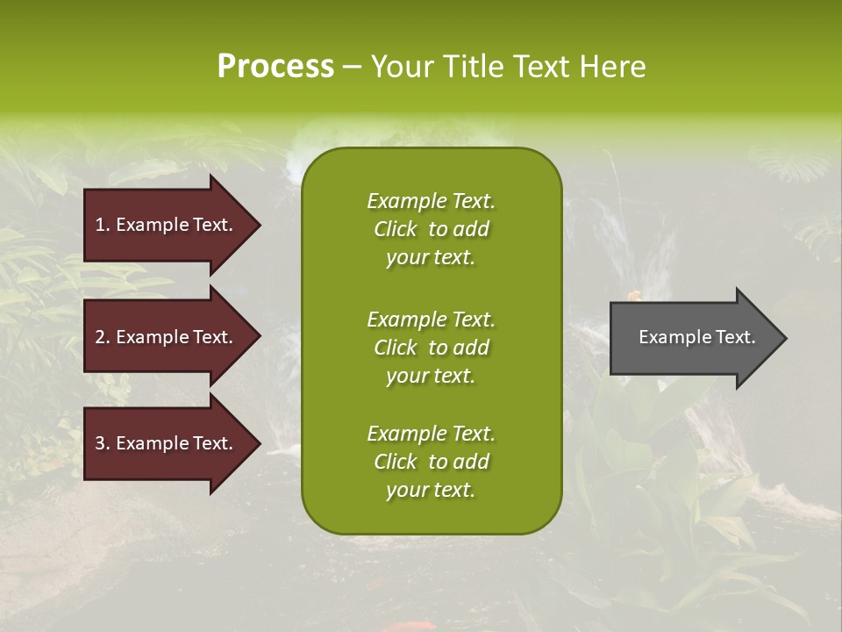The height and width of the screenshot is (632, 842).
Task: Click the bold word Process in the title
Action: click(275, 67)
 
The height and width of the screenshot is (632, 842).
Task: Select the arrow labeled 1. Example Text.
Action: click(167, 225)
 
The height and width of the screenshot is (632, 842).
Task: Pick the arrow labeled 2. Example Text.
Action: click(167, 337)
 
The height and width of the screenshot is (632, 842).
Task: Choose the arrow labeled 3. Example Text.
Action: click(167, 443)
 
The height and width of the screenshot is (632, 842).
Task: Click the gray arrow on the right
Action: click(693, 338)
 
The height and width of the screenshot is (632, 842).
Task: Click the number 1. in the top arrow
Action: click(103, 225)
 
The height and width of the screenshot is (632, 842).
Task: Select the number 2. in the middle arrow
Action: click(103, 337)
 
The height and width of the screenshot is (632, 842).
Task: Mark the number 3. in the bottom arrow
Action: click(103, 443)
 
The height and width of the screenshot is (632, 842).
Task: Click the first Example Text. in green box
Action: click(431, 201)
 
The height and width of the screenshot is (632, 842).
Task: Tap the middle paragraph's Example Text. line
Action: click(431, 320)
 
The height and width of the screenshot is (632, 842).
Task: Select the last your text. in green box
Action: click(431, 491)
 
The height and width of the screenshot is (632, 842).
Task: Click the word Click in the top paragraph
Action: click(396, 229)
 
